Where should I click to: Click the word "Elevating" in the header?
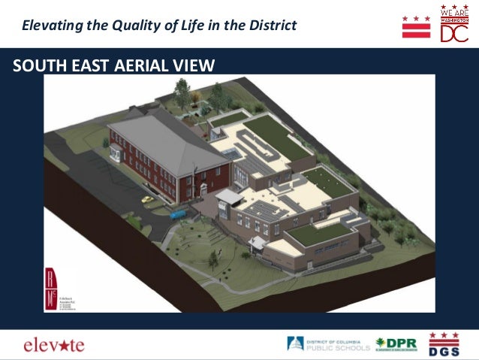tap(50, 26)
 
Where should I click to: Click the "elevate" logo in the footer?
tap(54, 345)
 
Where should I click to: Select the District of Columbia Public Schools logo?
tap(328, 344)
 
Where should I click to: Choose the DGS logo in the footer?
tap(444, 343)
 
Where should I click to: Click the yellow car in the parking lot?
tap(148, 200)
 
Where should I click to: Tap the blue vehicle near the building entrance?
tap(178, 214)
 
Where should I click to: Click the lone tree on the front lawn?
tap(212, 259)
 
